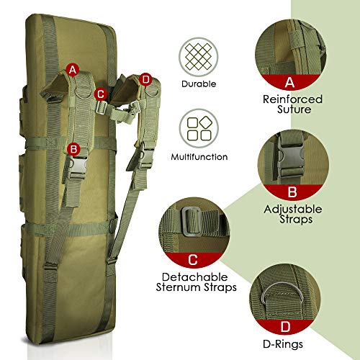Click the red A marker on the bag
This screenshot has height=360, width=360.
(x=73, y=70)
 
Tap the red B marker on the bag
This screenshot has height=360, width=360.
(x=73, y=149)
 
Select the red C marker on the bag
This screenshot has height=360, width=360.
(x=101, y=94)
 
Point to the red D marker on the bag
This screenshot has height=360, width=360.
(x=145, y=79)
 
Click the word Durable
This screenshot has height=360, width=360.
(x=199, y=84)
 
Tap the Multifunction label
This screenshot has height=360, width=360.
(x=199, y=157)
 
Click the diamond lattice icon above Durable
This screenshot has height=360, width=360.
(x=199, y=57)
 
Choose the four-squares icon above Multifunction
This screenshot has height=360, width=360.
(x=199, y=128)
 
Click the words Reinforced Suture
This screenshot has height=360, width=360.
(x=292, y=104)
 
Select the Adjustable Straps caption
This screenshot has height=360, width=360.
(x=293, y=214)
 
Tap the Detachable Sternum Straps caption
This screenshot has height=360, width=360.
(x=196, y=282)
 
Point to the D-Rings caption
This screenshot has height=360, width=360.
(x=283, y=344)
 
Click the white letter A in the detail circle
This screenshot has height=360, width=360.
(x=289, y=82)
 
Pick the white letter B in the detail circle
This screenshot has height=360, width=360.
(x=292, y=192)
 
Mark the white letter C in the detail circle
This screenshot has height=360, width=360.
(x=193, y=260)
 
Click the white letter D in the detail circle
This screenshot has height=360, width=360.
(x=285, y=327)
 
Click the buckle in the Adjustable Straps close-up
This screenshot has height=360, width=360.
(x=290, y=156)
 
